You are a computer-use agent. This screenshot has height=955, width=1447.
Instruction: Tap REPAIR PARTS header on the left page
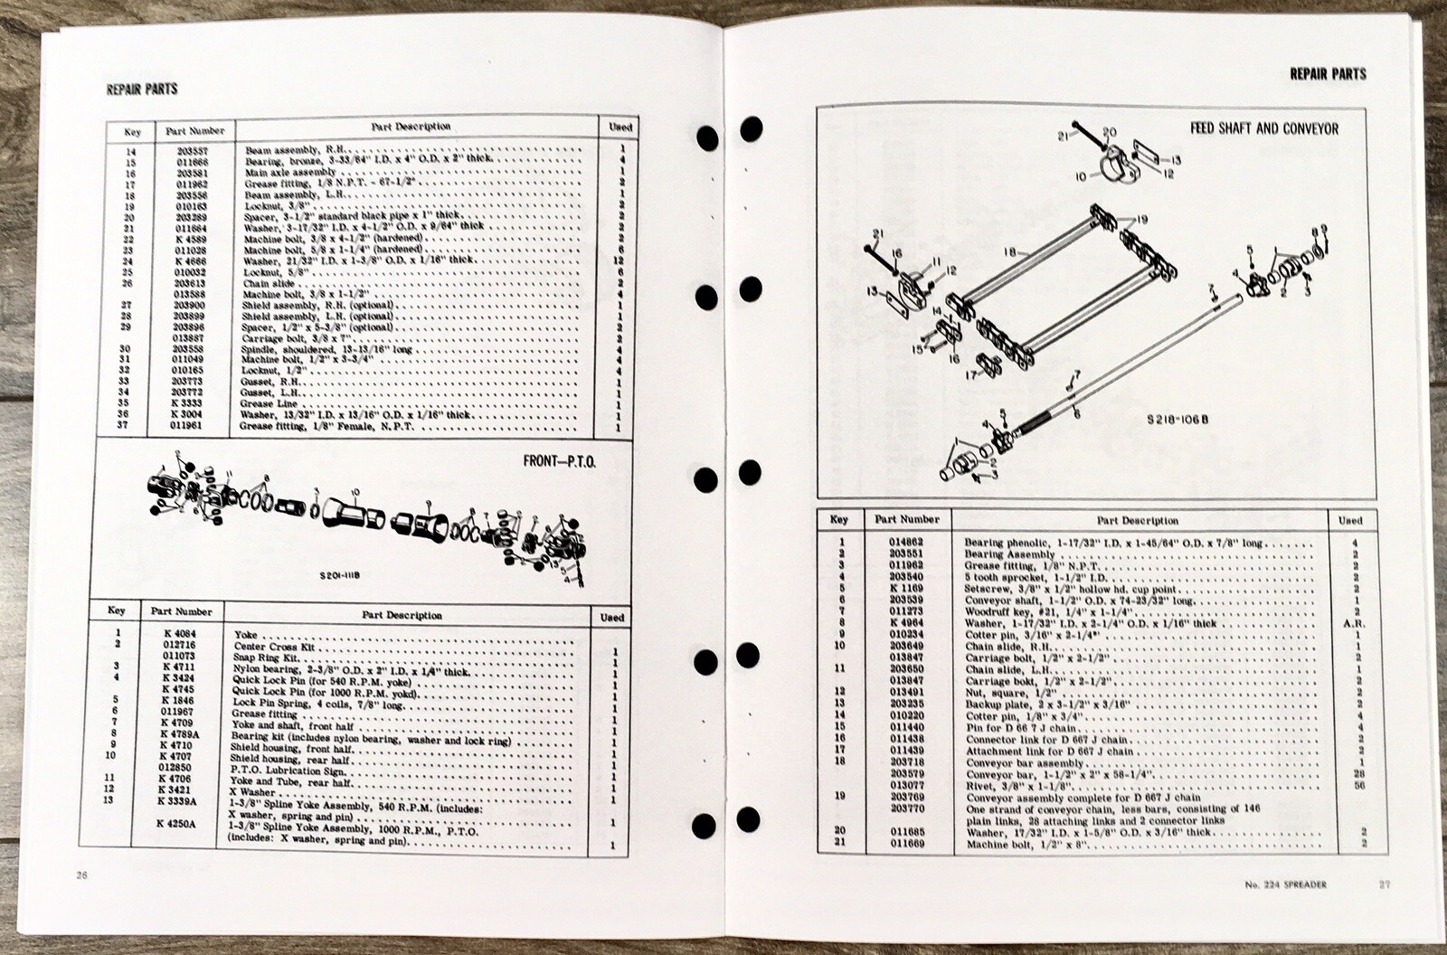click(141, 89)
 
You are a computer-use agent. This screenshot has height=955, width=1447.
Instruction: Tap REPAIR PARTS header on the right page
click(1328, 73)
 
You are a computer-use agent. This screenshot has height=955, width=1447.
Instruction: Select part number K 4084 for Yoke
click(181, 635)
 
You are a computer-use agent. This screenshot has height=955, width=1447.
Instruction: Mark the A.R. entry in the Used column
click(1348, 623)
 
